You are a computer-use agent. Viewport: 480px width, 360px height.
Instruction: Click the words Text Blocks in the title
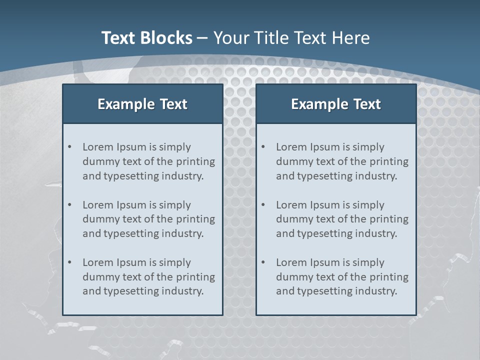pos(146,38)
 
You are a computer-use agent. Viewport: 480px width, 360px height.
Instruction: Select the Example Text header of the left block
pos(142,104)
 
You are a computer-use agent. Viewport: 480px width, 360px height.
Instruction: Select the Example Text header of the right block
pos(336,104)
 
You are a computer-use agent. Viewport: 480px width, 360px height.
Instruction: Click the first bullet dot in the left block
pos(69,147)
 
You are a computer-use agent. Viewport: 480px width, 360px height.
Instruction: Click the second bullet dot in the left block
pos(69,205)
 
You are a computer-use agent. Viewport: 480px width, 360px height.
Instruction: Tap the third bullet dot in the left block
pos(69,262)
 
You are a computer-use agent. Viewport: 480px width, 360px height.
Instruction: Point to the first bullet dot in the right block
pos(263,147)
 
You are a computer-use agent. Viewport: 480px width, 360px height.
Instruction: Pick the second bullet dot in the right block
pos(263,205)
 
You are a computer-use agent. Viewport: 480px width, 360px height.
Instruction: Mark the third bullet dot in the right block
pos(263,262)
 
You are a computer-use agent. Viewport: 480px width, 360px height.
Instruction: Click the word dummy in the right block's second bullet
pos(292,219)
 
